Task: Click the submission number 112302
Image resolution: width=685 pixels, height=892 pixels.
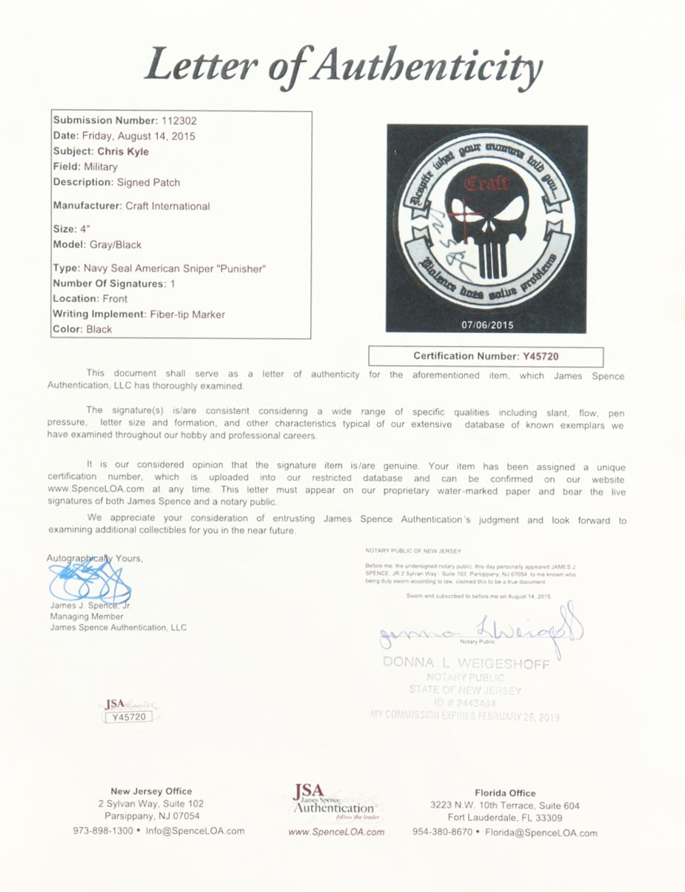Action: (177, 120)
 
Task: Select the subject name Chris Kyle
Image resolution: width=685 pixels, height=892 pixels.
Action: (123, 151)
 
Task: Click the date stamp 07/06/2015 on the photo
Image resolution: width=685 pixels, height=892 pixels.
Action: (487, 325)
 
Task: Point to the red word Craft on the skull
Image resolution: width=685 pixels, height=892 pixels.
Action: (486, 183)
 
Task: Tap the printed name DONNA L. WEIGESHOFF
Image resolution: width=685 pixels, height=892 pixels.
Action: (466, 663)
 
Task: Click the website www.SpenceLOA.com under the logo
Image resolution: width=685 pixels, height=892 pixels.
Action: (335, 832)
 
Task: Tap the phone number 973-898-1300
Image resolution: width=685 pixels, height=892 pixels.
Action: (103, 831)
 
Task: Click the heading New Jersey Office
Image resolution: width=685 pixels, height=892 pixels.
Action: (151, 791)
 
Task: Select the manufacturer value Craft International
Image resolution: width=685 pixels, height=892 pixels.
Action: (167, 206)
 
